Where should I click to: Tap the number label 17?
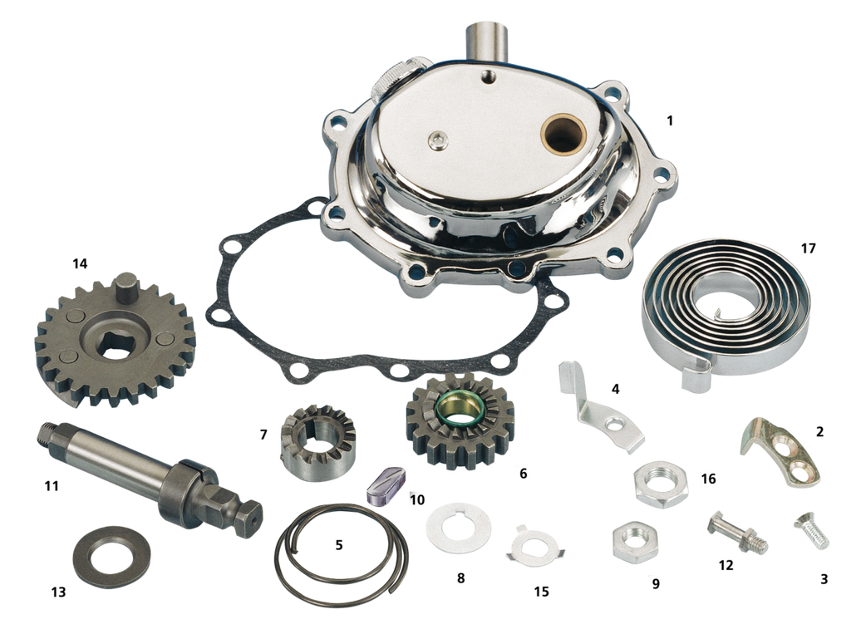pos(808,248)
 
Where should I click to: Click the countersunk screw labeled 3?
pos(812,531)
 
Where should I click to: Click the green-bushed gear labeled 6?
pos(460,420)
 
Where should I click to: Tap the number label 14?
pos(80,263)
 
